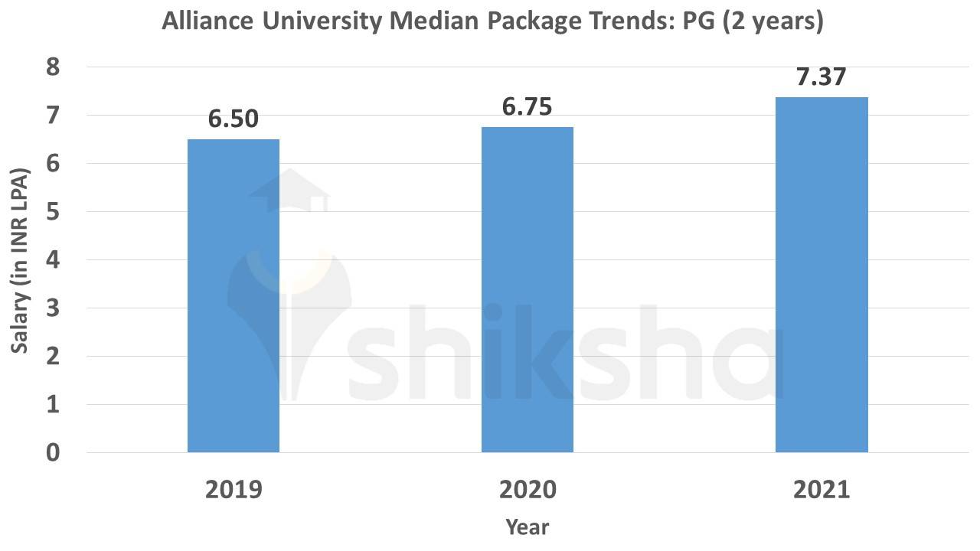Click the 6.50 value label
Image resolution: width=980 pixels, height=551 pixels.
(234, 119)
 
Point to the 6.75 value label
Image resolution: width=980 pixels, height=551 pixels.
(528, 107)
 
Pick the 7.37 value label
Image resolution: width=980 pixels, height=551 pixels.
(822, 77)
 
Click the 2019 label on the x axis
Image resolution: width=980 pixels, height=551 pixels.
(234, 489)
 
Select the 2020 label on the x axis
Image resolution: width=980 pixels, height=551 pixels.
(528, 489)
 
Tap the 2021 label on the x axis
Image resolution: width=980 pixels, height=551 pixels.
(822, 489)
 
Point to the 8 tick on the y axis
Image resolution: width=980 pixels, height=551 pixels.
(52, 67)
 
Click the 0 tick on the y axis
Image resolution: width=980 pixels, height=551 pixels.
(52, 452)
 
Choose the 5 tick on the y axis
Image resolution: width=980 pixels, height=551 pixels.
(52, 212)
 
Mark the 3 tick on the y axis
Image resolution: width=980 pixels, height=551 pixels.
(52, 308)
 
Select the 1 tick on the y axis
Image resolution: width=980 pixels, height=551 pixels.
(52, 404)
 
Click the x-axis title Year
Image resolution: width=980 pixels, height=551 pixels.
(528, 527)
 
